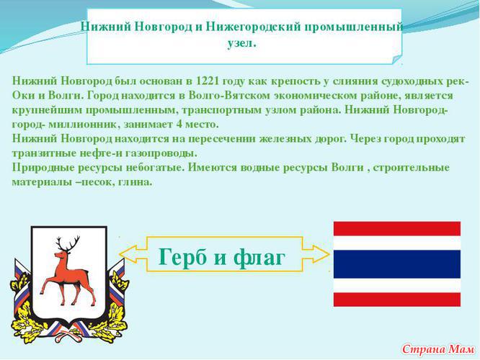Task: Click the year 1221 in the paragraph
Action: [208, 81]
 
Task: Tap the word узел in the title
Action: [241, 42]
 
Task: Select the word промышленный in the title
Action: [353, 27]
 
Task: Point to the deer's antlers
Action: [68, 243]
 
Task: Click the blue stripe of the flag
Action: [396, 264]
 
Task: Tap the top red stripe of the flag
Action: [396, 229]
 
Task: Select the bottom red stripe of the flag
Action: [396, 300]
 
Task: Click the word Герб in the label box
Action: [183, 257]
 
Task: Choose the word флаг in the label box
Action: [259, 258]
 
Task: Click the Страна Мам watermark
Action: [438, 349]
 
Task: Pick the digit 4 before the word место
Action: [179, 124]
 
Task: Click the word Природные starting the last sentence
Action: [43, 168]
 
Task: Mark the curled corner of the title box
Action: [396, 59]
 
